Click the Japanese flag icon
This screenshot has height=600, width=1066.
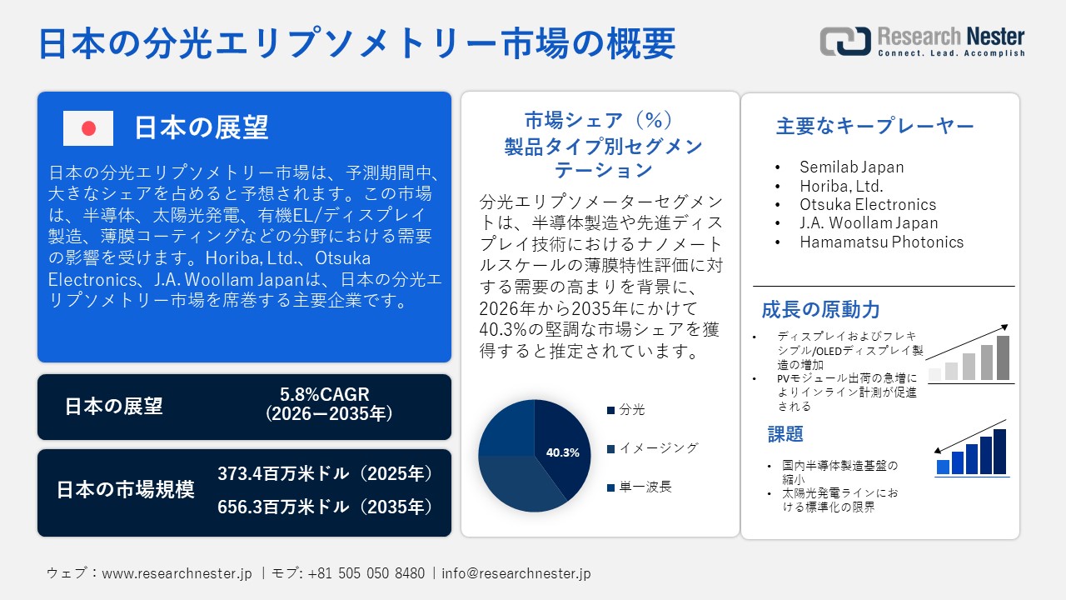click(88, 128)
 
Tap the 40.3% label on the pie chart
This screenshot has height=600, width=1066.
click(562, 452)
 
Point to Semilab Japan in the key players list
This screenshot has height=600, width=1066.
click(851, 167)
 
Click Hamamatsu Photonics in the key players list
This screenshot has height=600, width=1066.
click(881, 242)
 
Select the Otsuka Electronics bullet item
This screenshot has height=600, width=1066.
click(868, 204)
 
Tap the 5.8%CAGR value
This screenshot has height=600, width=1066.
click(325, 394)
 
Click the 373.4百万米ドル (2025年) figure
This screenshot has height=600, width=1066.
click(325, 474)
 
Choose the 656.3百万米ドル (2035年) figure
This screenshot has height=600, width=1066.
click(325, 507)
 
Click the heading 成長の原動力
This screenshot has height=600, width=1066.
click(820, 310)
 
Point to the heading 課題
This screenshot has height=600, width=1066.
click(785, 434)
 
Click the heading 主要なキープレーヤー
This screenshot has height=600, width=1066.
click(874, 127)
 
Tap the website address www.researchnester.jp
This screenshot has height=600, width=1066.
click(177, 573)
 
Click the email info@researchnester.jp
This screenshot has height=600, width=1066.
click(516, 573)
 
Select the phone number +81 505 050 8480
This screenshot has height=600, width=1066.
click(366, 573)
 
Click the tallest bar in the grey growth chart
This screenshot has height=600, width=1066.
click(1003, 357)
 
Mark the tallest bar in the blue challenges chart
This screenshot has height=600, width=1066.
click(999, 452)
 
